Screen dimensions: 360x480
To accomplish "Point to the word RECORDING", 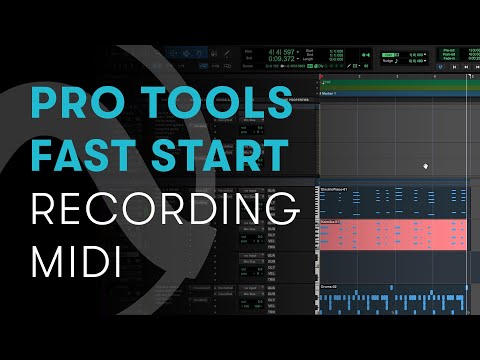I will coord(166,210).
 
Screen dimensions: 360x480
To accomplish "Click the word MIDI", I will coord(76,262).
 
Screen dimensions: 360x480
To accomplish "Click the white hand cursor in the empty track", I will coord(426,165).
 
